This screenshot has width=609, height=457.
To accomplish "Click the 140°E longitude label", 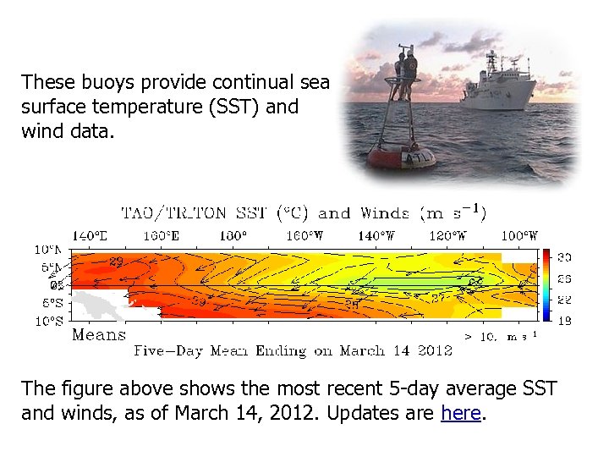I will (91, 236).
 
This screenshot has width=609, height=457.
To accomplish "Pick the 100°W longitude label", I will (519, 236).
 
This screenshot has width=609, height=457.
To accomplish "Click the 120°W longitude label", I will (448, 236).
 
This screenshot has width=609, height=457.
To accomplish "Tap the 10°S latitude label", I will (48, 321).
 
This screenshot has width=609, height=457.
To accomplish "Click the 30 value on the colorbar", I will (564, 256).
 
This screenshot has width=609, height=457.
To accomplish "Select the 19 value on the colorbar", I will (564, 321).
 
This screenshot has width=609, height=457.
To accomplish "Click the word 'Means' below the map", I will (99, 335).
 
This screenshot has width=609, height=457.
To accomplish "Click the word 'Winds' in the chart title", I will (384, 212).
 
